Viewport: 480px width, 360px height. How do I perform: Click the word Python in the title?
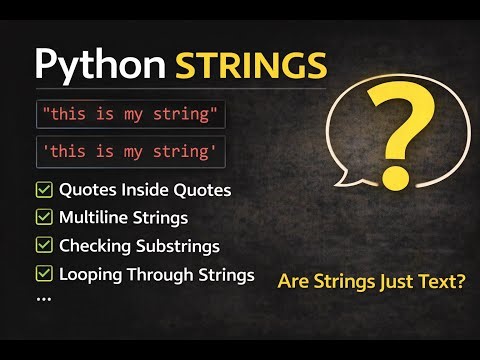[x=100, y=65]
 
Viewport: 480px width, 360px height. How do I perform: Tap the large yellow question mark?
[x=401, y=140]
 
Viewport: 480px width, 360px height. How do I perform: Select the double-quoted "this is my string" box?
[x=130, y=113]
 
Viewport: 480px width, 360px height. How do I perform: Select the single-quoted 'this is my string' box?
[x=130, y=153]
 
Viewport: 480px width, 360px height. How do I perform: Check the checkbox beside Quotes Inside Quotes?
[x=44, y=190]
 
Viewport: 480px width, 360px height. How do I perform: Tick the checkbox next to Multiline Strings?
[x=44, y=217]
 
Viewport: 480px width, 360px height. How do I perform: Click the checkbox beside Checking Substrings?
[x=44, y=245]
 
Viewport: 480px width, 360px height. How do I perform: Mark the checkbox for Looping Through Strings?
[x=44, y=273]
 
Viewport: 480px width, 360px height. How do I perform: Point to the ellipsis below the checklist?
[x=43, y=297]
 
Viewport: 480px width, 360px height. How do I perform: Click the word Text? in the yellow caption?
[x=440, y=283]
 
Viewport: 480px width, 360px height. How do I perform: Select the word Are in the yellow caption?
[x=292, y=283]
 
